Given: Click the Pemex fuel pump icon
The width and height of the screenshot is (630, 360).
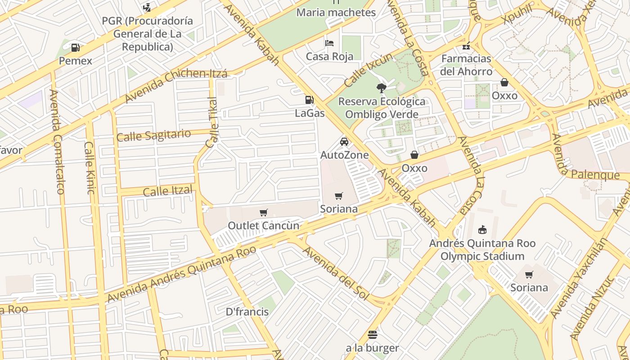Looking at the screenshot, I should [76, 47].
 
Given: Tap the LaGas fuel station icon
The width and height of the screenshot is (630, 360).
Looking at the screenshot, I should [309, 100].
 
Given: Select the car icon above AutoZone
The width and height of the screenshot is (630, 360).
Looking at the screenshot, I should [344, 142].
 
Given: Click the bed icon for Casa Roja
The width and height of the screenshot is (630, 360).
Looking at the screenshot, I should [329, 43].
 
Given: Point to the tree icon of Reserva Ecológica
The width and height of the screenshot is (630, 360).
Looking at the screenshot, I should [382, 88].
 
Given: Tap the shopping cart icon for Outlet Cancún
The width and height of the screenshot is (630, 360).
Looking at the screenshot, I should [263, 212].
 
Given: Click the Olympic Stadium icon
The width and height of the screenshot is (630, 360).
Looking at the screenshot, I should [482, 230].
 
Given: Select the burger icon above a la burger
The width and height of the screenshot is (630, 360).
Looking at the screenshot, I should [372, 335].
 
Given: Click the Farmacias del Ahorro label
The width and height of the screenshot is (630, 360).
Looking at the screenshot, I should [466, 65].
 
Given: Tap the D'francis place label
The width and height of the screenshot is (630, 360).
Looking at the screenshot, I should [247, 312].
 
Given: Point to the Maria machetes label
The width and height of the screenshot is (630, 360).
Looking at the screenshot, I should [336, 13].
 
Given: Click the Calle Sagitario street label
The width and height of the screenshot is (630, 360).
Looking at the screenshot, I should [153, 135].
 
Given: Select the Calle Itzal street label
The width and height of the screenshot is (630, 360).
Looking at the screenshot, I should [167, 191].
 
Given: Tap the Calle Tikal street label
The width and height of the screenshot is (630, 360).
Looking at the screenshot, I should [211, 122].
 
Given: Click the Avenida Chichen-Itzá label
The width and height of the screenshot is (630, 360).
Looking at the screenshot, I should [176, 85].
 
